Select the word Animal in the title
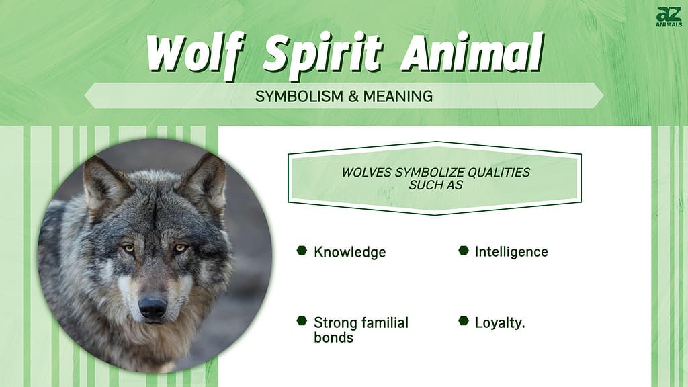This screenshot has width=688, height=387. (x=472, y=52)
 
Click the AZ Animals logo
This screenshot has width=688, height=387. (x=669, y=17)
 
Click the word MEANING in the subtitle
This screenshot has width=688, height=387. (x=398, y=96)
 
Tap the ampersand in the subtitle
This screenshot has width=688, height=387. (x=354, y=96)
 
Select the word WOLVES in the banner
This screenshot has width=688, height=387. (x=366, y=173)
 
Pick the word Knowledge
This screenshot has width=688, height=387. (x=349, y=252)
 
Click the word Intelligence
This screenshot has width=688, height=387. (x=511, y=252)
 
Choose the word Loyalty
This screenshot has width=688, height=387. (x=500, y=323)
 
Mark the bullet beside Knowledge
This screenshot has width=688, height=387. (x=302, y=250)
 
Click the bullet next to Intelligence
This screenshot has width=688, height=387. (x=464, y=250)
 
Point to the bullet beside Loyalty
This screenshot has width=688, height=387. (x=464, y=320)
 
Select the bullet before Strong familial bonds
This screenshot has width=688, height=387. (x=302, y=320)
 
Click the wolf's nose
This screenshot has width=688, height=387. (x=153, y=307)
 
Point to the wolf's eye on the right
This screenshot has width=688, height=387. (x=180, y=249)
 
